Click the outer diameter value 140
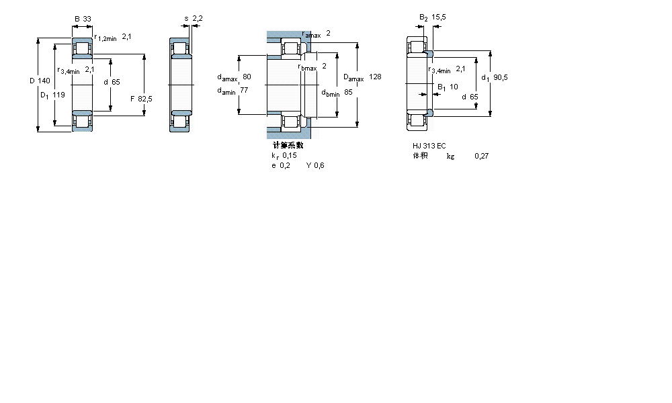click(44, 81)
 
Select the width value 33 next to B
click(87, 19)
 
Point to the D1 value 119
click(59, 95)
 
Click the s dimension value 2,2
click(198, 19)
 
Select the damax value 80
click(247, 77)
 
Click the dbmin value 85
click(348, 92)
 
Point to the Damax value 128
click(375, 77)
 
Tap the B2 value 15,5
click(439, 17)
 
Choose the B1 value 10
click(454, 87)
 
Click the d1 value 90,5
click(500, 77)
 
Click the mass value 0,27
click(481, 156)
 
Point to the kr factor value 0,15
click(290, 155)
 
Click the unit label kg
click(450, 156)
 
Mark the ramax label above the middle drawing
click(310, 34)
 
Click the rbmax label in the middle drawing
click(307, 66)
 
